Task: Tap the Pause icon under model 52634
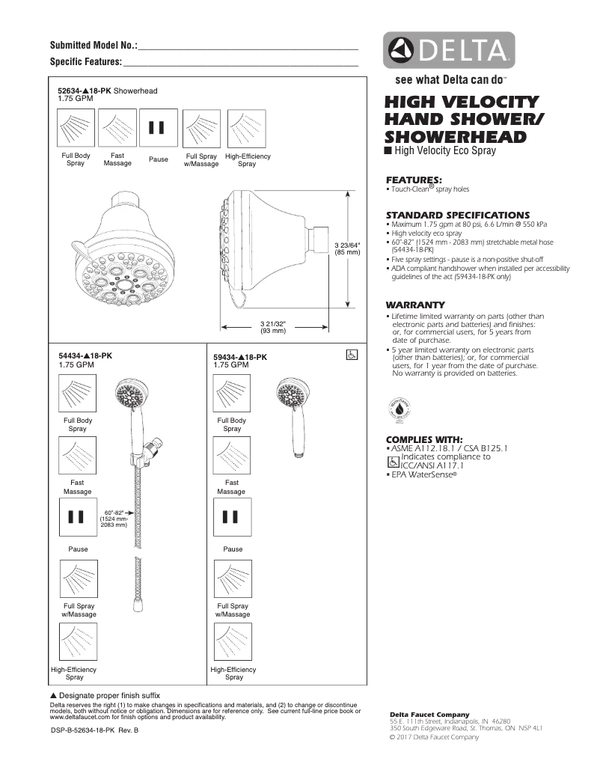pyautogui.click(x=156, y=128)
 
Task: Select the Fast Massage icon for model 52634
pyautogui.click(x=117, y=128)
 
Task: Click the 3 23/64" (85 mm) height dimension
pyautogui.click(x=346, y=248)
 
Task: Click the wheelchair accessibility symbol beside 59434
pyautogui.click(x=351, y=355)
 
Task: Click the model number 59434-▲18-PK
pyautogui.click(x=240, y=358)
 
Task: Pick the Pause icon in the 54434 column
pyautogui.click(x=76, y=517)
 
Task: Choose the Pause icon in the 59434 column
pyautogui.click(x=232, y=517)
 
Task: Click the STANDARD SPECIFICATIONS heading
pyautogui.click(x=457, y=215)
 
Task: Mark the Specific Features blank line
pyautogui.click(x=240, y=63)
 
